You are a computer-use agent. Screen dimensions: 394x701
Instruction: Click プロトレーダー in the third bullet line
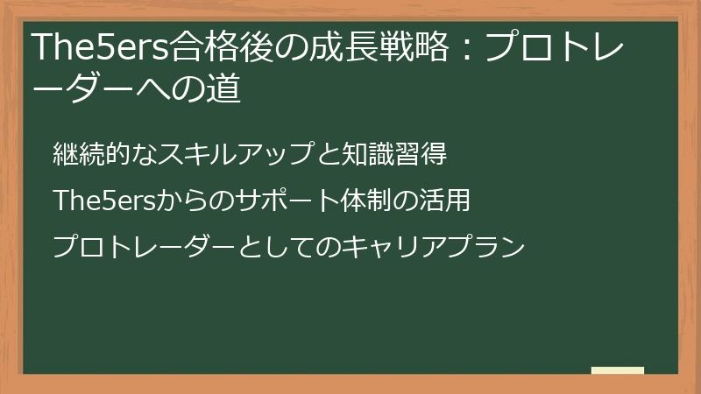[x=144, y=247]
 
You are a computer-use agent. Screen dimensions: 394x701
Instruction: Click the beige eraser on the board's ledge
[x=618, y=370]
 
